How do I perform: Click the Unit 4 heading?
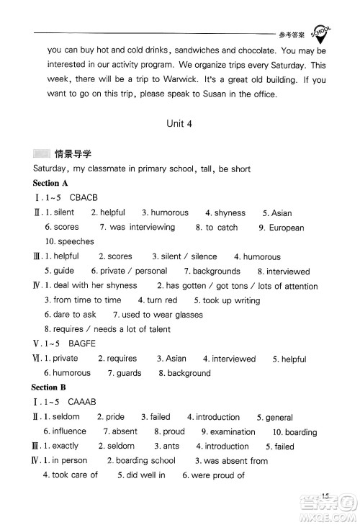pyautogui.click(x=179, y=123)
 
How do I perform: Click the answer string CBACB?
pyautogui.click(x=83, y=198)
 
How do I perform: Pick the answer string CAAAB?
pyautogui.click(x=82, y=402)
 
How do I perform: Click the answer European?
pyautogui.click(x=287, y=228)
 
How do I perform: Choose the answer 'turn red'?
pyautogui.click(x=161, y=300)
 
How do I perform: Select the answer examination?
pyautogui.click(x=233, y=432)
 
